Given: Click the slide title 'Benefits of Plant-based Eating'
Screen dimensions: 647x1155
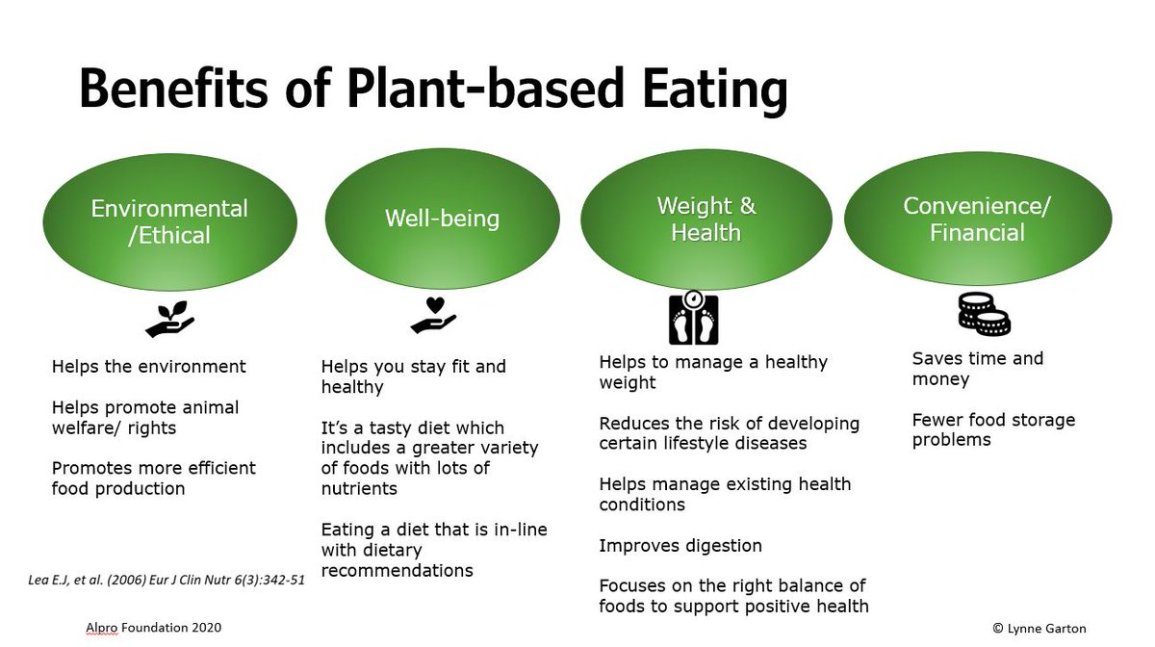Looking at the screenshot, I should click(433, 90).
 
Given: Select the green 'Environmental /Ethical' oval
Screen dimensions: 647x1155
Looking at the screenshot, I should click(169, 220).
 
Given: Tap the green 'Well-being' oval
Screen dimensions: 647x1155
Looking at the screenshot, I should click(442, 219).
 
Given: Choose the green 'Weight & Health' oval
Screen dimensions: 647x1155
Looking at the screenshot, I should click(706, 220).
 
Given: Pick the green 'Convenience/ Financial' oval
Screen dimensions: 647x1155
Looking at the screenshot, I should click(977, 220).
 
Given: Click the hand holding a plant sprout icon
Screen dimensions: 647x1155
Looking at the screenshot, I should click(169, 318).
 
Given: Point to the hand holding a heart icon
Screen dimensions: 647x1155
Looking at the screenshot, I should click(433, 315).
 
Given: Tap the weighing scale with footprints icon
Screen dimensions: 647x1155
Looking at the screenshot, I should click(693, 319).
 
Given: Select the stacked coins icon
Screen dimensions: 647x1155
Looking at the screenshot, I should click(984, 314).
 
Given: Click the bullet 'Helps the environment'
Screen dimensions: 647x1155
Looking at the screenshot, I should click(149, 367).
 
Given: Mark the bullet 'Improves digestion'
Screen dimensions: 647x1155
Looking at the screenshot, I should click(680, 546).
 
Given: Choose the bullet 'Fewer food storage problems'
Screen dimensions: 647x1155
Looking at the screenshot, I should click(993, 429).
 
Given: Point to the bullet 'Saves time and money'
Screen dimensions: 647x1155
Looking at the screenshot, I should click(978, 369).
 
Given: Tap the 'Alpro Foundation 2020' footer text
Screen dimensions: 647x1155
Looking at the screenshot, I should click(153, 628).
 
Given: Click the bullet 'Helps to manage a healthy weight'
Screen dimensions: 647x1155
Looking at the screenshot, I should click(713, 373).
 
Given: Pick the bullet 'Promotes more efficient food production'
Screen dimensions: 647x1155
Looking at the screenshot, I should click(154, 478).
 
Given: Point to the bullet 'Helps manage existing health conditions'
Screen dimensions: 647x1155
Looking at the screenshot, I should click(725, 494).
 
